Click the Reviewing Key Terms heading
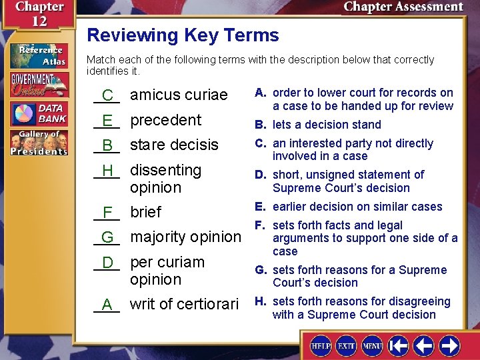(183, 35)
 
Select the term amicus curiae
(179, 95)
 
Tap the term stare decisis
(174, 145)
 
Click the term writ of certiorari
(184, 304)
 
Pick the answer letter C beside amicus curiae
(107, 95)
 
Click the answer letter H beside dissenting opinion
(107, 171)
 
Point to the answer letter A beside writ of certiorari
(107, 305)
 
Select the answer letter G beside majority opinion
(107, 237)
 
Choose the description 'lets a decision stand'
(327, 125)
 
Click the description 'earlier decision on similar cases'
(357, 207)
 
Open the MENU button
(372, 346)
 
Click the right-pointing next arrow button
(449, 346)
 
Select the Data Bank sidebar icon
(39, 114)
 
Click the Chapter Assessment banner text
(403, 7)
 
